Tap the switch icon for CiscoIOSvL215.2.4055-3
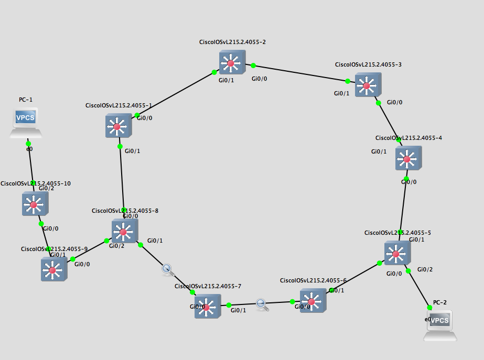pos(368,85)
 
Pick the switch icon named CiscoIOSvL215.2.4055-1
pos(118,126)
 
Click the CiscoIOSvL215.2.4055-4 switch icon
pos(408,158)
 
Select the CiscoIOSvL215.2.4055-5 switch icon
pos(397,254)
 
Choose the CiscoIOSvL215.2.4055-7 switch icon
pos(207,307)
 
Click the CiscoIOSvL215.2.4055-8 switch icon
pos(124,232)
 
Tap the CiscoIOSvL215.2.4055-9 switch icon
pos(53,269)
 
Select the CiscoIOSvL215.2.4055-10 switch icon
pos(35,204)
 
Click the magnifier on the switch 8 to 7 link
pos(167,269)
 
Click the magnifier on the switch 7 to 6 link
pos(262,304)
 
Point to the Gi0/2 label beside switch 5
pos(425,269)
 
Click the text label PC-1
pos(26,99)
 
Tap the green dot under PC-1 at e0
pos(28,143)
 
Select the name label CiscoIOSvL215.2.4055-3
pos(368,64)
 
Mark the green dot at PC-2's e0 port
pos(430,308)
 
